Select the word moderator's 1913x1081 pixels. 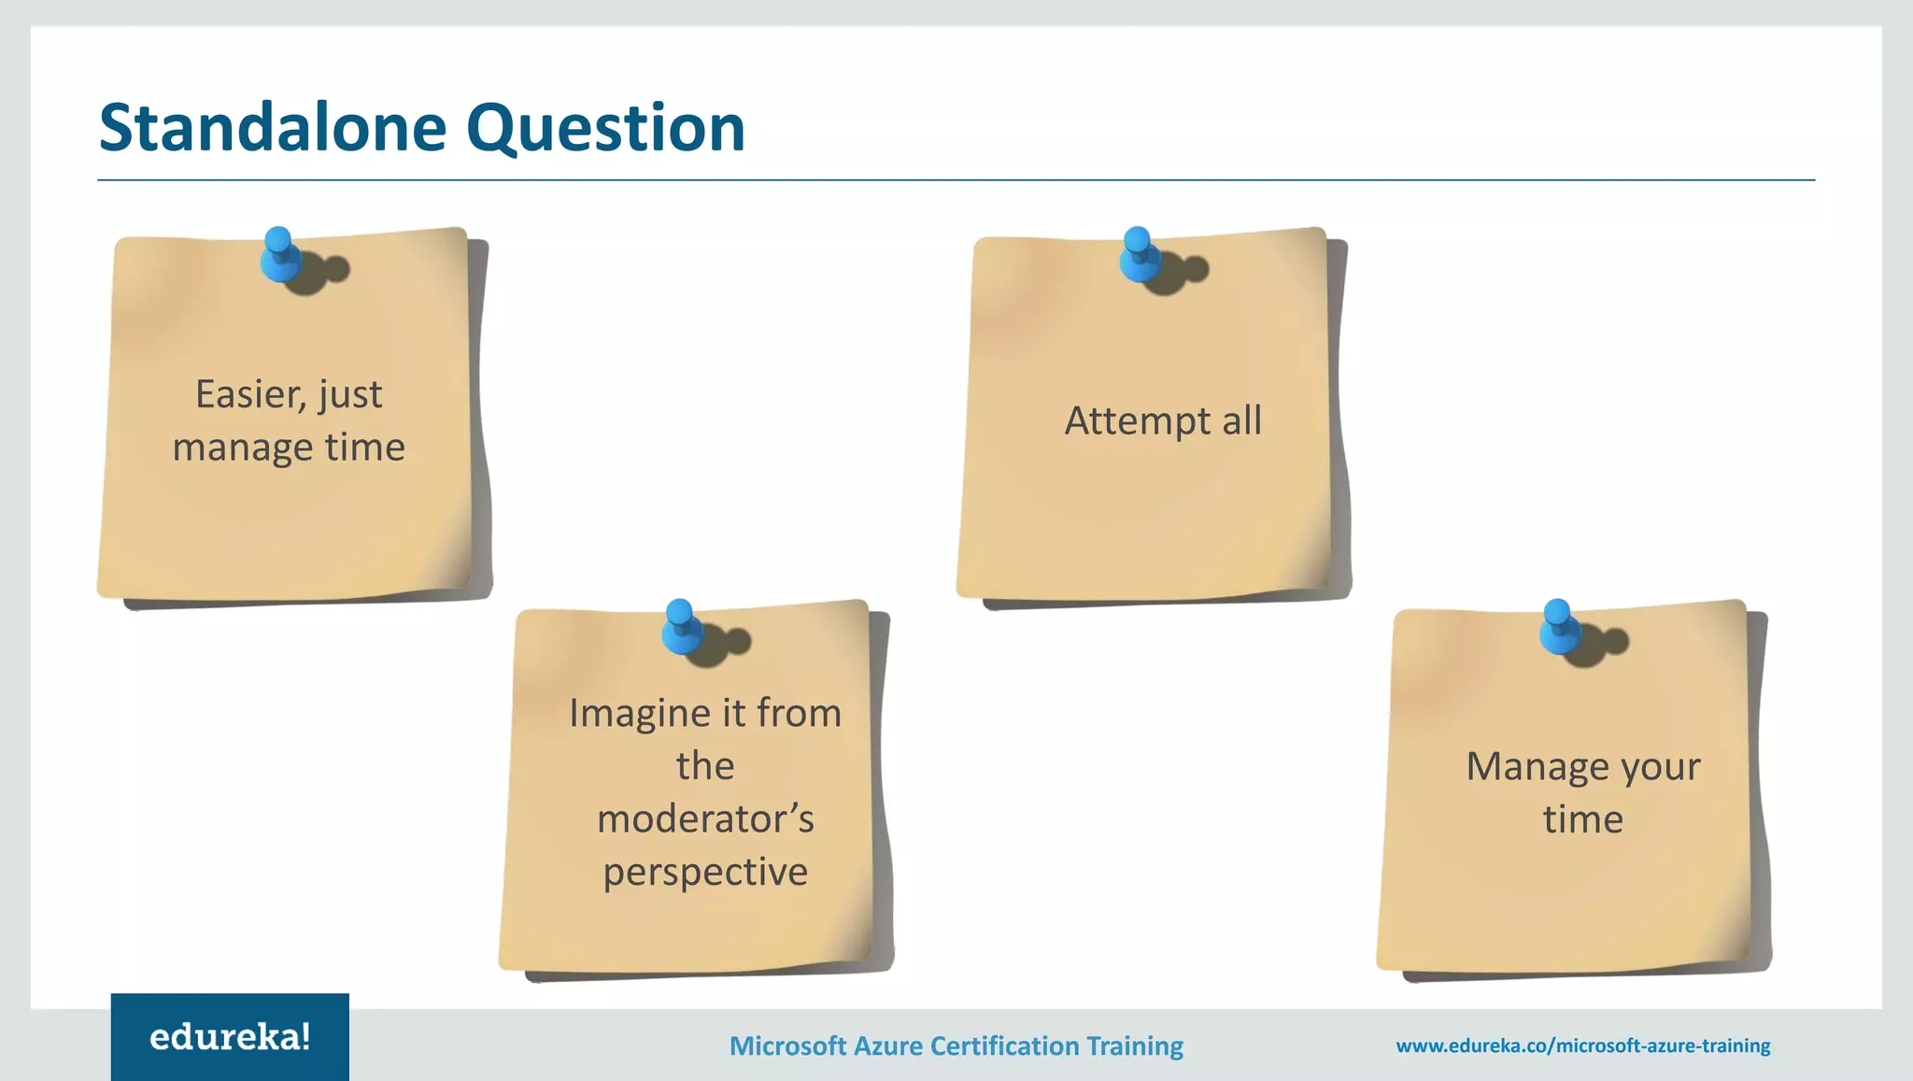(x=705, y=819)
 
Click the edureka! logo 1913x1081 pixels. (x=230, y=1037)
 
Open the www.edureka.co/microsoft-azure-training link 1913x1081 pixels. (x=1582, y=1046)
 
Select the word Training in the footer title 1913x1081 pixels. (x=1134, y=1046)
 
